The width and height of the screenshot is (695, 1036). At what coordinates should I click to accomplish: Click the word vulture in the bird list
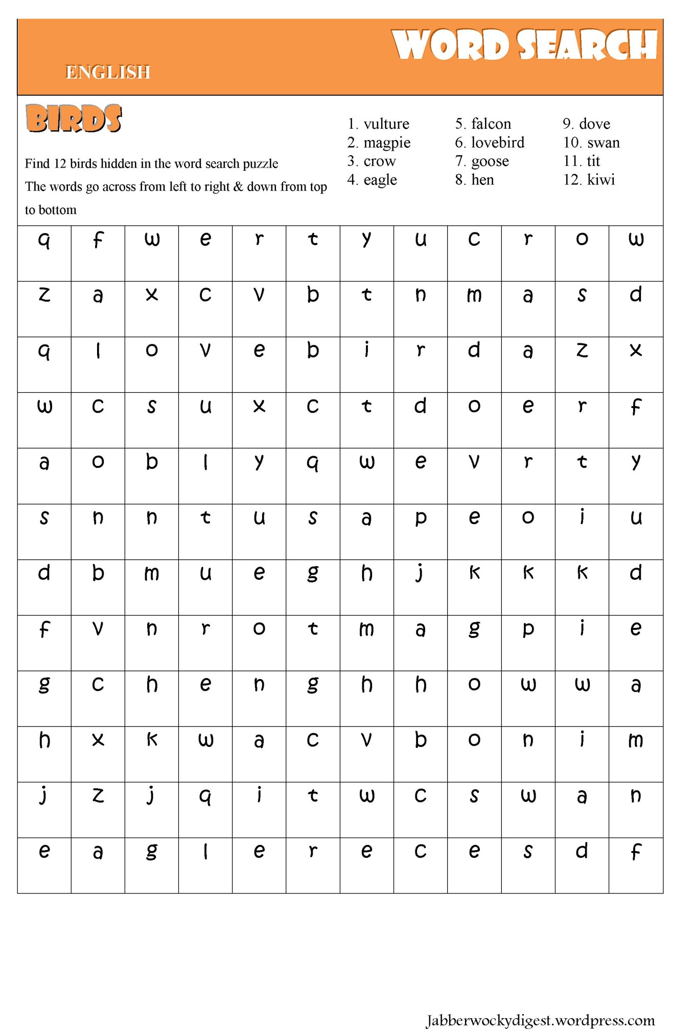(386, 124)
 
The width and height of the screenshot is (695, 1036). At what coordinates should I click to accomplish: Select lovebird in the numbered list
(497, 143)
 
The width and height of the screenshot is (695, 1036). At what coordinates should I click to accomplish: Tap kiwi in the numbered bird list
(601, 180)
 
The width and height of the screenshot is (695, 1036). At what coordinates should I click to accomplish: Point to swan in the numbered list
(604, 143)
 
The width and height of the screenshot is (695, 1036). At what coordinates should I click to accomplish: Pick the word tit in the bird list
(593, 161)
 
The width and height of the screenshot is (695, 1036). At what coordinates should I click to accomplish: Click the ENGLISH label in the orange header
(108, 73)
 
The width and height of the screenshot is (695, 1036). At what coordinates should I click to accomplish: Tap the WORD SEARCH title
(524, 45)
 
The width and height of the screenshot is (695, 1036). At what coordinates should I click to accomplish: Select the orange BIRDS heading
(74, 119)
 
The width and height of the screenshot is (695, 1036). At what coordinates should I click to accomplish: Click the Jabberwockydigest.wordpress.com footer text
(540, 1020)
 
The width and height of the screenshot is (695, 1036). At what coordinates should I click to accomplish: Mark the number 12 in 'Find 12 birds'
(60, 164)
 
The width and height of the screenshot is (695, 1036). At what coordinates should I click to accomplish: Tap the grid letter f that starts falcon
(98, 239)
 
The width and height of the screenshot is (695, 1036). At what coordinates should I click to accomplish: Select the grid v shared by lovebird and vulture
(205, 350)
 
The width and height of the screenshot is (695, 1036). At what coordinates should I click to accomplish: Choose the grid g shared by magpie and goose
(474, 629)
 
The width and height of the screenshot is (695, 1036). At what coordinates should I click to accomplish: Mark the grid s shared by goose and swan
(474, 796)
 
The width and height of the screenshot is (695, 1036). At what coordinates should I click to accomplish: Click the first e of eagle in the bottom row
(44, 851)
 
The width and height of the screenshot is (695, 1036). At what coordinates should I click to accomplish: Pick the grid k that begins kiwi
(582, 573)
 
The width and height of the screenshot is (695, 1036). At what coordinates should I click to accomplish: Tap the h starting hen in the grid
(152, 685)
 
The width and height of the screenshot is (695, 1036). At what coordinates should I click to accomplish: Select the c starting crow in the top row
(474, 239)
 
